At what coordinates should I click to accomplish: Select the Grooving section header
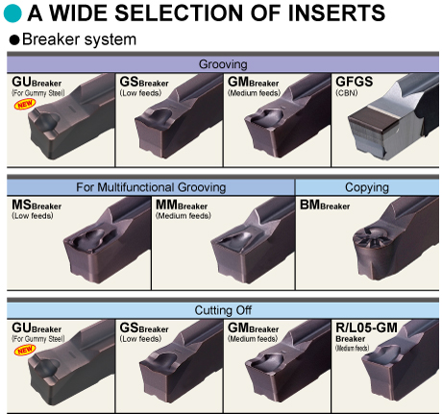(223, 64)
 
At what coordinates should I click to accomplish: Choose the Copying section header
(367, 186)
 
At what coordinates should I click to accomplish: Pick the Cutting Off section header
(223, 310)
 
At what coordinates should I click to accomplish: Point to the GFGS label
(356, 82)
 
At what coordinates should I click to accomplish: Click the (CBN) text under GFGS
(347, 93)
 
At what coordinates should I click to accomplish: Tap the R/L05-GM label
(365, 328)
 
